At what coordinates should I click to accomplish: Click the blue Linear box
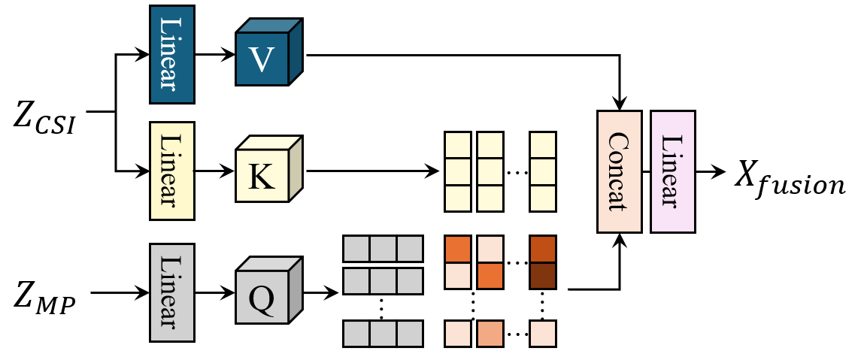point(172,54)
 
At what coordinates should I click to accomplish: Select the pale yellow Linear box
point(172,171)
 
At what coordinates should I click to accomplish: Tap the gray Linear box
point(172,292)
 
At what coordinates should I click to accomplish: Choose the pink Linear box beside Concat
point(673,171)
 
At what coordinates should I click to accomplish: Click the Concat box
point(620,171)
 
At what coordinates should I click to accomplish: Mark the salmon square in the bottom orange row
point(490,334)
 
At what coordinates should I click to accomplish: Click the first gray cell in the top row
point(356,248)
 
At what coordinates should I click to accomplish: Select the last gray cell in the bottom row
point(410,334)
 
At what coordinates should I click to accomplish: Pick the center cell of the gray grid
point(383,281)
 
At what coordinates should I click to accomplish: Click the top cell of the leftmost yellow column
point(458,145)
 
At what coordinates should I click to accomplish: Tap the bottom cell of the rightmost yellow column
point(543,198)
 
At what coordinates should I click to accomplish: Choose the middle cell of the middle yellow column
point(490,172)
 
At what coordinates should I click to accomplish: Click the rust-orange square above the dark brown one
point(543,249)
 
